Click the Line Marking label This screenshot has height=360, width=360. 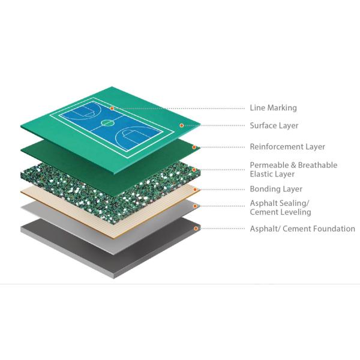click(273, 108)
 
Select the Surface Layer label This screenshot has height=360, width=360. click(274, 125)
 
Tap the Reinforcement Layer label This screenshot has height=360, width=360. click(287, 147)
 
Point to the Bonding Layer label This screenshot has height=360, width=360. click(276, 189)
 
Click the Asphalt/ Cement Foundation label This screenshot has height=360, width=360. click(302, 229)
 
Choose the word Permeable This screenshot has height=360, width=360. click(267, 165)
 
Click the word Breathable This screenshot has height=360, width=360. click(318, 165)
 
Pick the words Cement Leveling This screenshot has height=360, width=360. click(280, 212)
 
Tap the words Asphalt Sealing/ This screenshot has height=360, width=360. click(280, 203)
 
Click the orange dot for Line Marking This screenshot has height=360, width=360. click(112, 108)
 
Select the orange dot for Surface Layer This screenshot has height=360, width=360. click(181, 125)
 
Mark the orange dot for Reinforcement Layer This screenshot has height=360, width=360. click(194, 147)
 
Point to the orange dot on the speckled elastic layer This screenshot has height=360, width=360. click(194, 170)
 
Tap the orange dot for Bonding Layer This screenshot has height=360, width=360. click(195, 190)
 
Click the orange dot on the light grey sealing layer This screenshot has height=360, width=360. click(195, 206)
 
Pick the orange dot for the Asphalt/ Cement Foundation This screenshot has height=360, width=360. click(196, 229)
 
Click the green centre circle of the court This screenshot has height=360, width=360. click(107, 123)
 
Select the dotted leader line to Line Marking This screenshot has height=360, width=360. click(179, 109)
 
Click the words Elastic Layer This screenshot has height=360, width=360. click(272, 174)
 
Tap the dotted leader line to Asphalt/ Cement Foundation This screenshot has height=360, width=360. click(221, 229)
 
